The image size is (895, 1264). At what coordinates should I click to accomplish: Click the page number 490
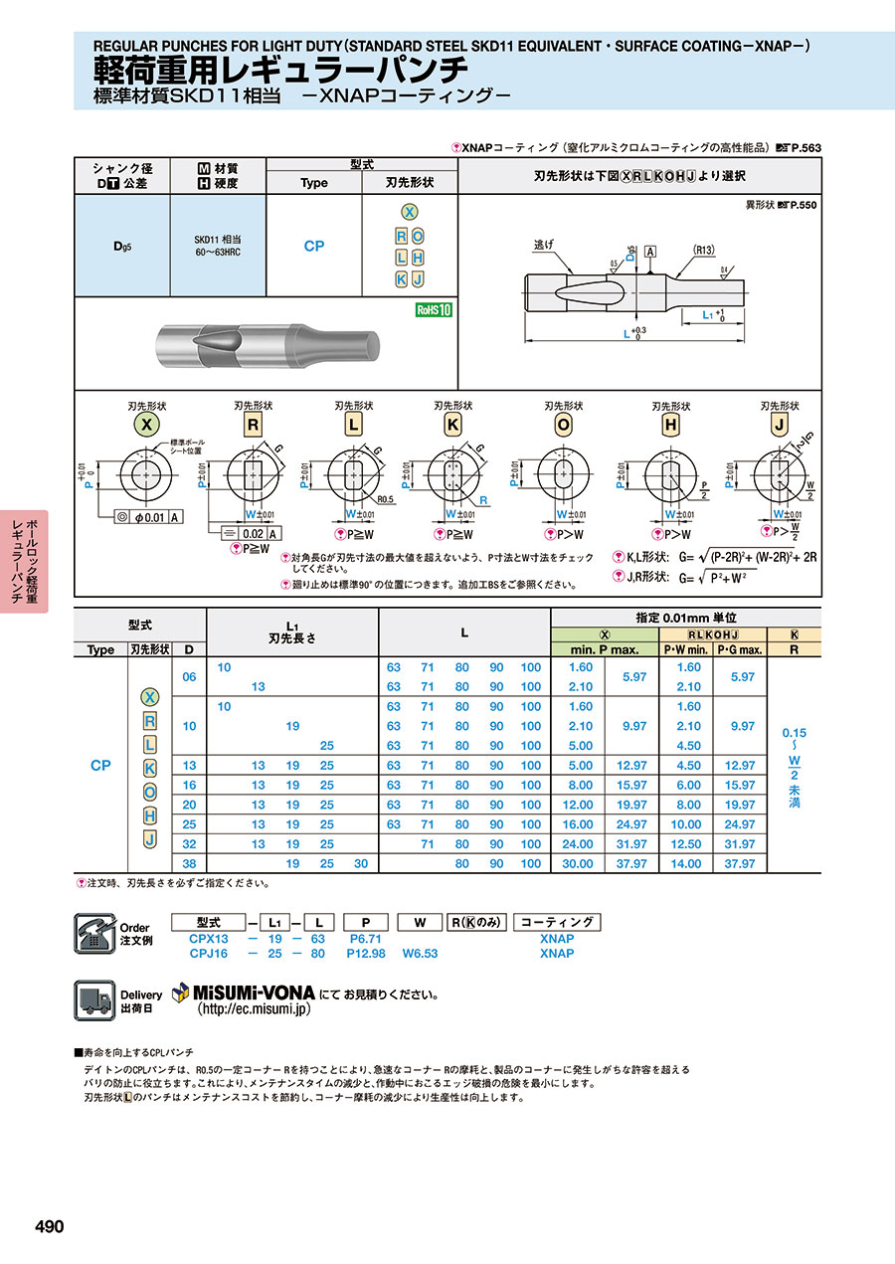click(49, 1226)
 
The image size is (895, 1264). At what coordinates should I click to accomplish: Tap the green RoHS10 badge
click(434, 310)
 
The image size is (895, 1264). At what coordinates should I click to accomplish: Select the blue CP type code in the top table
click(314, 246)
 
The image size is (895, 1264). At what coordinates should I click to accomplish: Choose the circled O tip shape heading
click(563, 425)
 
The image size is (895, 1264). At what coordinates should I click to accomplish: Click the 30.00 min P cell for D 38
click(580, 863)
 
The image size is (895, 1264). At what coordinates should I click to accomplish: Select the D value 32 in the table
click(189, 844)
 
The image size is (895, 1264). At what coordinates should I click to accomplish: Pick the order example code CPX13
click(209, 938)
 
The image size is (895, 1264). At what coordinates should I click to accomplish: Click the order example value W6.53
click(420, 953)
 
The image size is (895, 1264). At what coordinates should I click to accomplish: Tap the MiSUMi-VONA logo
click(244, 993)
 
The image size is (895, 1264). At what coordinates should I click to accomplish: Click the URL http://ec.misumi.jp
click(255, 1008)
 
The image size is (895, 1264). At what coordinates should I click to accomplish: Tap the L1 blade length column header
click(292, 631)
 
